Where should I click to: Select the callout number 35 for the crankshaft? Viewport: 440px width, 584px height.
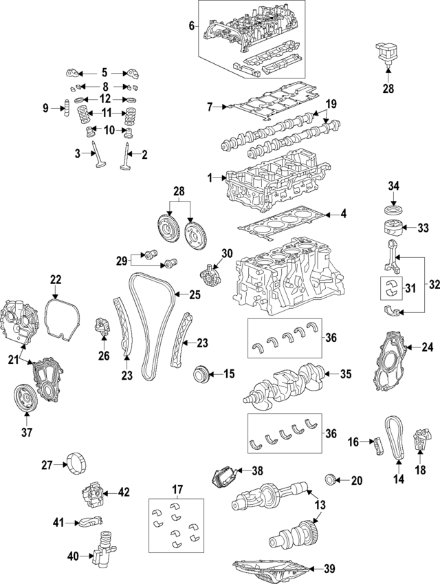click(345, 374)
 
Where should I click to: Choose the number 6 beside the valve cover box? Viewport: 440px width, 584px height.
click(192, 27)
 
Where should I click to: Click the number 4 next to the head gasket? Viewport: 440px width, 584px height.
click(343, 214)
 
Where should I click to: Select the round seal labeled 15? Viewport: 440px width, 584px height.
click(201, 375)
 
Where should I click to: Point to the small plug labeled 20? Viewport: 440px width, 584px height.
click(331, 479)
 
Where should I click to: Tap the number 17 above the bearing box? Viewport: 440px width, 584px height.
click(177, 490)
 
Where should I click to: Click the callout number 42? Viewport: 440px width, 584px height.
click(123, 492)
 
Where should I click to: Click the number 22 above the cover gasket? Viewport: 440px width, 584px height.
click(56, 279)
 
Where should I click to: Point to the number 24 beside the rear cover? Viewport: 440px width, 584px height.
click(427, 347)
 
